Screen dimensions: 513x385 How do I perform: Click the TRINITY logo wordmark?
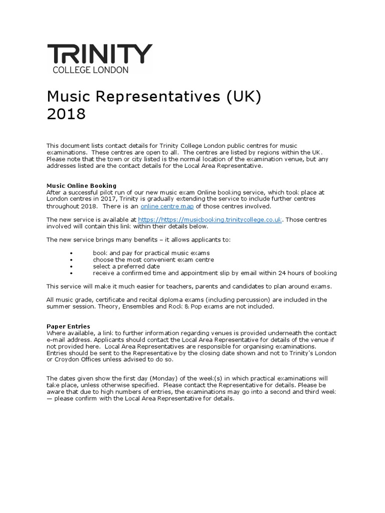point(99,54)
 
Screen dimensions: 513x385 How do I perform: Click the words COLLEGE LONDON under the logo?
point(91,70)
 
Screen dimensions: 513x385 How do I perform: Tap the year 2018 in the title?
point(66,114)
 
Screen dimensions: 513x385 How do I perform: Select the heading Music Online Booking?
point(81,185)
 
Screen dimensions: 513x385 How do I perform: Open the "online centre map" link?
point(167,206)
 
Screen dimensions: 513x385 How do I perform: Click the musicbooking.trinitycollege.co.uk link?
point(210,219)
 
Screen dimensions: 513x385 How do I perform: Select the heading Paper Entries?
point(68,326)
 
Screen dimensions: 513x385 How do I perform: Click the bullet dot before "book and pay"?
point(73,253)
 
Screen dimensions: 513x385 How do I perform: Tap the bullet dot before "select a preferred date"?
point(73,267)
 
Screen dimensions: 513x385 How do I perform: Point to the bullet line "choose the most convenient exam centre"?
point(153,260)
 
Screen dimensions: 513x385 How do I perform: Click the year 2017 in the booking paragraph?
point(111,199)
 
